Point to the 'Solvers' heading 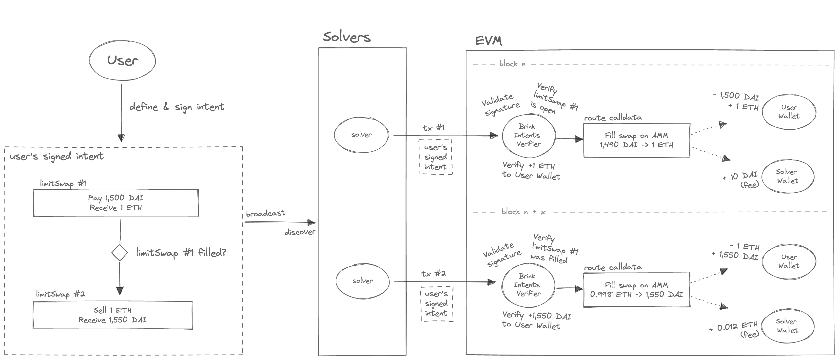pos(347,37)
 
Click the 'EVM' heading pos(488,41)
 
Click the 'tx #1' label pos(433,128)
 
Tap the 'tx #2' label pos(433,274)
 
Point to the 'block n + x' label pos(523,212)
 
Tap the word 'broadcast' pos(265,213)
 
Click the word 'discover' pos(300,232)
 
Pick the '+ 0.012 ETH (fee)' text pos(734,329)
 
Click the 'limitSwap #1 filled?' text pos(181,253)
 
